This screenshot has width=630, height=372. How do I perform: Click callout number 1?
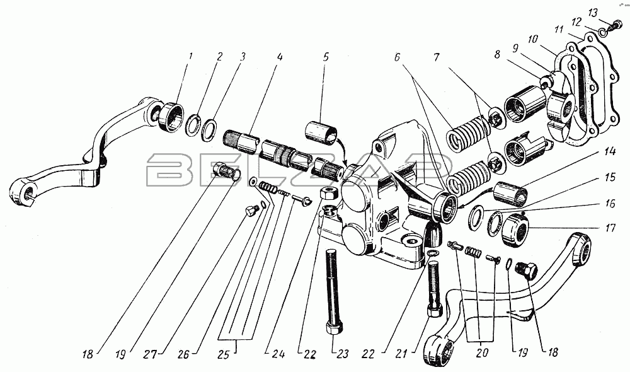pyautogui.click(x=190, y=55)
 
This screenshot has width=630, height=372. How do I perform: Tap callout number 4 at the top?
pyautogui.click(x=280, y=57)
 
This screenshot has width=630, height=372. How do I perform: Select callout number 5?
pyautogui.click(x=326, y=57)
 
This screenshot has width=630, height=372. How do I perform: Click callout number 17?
pyautogui.click(x=610, y=228)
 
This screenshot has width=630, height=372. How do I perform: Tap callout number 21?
pyautogui.click(x=402, y=354)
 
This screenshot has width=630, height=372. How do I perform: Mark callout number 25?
pyautogui.click(x=224, y=354)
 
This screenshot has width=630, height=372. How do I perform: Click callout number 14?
pyautogui.click(x=609, y=152)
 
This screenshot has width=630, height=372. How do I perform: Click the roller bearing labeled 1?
pyautogui.click(x=172, y=117)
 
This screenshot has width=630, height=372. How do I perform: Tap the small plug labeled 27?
pyautogui.click(x=251, y=211)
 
